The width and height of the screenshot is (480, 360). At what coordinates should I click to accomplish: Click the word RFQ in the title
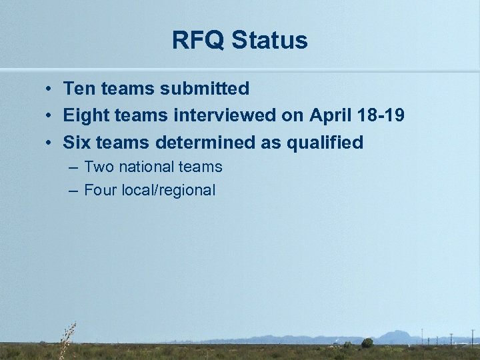coord(198,41)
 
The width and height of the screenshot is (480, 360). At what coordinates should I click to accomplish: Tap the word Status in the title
coord(270,41)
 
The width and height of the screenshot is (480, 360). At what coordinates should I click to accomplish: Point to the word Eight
coord(86,115)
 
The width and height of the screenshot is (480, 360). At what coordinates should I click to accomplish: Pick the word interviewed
coord(225,115)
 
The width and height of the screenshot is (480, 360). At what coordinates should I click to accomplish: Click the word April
coord(332,115)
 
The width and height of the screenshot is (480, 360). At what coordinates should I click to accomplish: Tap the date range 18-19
coord(382,115)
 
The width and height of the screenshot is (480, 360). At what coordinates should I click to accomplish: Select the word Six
coord(77,143)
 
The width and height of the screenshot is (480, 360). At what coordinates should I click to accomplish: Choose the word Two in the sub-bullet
coord(99,167)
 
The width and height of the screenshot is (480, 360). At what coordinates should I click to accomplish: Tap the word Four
coord(101,190)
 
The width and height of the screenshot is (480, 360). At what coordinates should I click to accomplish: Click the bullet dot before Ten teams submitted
coord(50,89)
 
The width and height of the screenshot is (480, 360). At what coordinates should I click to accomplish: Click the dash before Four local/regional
coord(73,191)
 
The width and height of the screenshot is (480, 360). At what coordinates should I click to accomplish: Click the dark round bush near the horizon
coord(367,343)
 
